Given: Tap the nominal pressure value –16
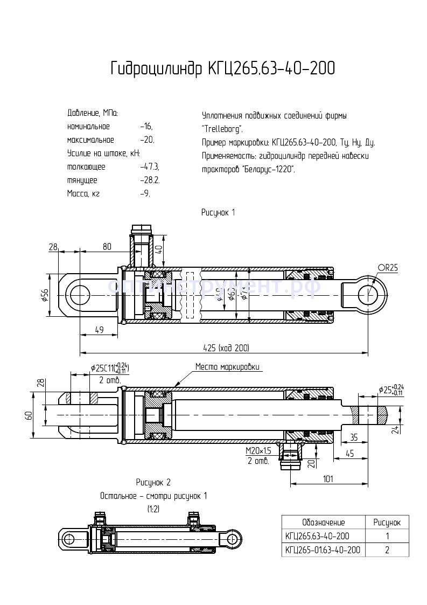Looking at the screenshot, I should tap(146, 127).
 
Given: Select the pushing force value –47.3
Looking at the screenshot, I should tap(149, 167).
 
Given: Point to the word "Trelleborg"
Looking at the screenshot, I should tap(222, 129).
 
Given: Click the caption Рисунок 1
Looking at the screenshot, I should tap(218, 212).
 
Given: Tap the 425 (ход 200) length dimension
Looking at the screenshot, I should tap(226, 347).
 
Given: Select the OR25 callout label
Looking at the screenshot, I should tap(387, 268).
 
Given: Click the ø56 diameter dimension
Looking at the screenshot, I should tap(45, 295).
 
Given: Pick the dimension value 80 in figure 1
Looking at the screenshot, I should tap(107, 247).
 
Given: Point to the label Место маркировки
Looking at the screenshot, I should tap(227, 367).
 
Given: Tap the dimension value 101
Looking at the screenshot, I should tap(330, 478).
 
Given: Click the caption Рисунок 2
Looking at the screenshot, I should tap(153, 482).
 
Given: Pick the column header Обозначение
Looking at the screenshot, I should tap(323, 523).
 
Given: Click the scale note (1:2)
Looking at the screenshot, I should tap(153, 508).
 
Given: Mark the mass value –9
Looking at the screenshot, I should tap(144, 193).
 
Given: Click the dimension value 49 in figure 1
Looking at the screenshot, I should tap(98, 331).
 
